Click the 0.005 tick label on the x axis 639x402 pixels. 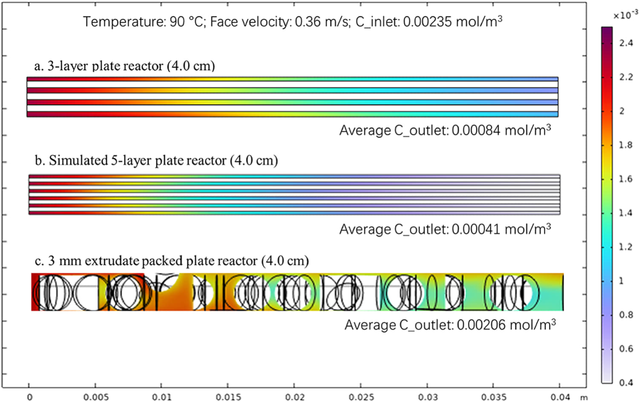(96, 397)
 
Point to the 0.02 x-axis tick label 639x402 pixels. (295, 397)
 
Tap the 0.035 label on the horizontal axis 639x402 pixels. (494, 397)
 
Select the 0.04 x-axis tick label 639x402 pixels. (560, 397)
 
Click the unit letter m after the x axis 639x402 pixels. (584, 397)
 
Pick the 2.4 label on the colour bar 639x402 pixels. (626, 43)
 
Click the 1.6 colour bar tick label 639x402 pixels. (626, 179)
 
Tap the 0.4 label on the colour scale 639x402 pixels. (626, 382)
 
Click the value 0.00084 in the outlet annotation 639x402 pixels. (476, 131)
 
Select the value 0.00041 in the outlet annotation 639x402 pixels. (476, 229)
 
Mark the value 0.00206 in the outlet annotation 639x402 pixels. (481, 325)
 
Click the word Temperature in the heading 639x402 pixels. (124, 22)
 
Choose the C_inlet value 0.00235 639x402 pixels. (427, 22)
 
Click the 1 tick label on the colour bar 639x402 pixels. (622, 281)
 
